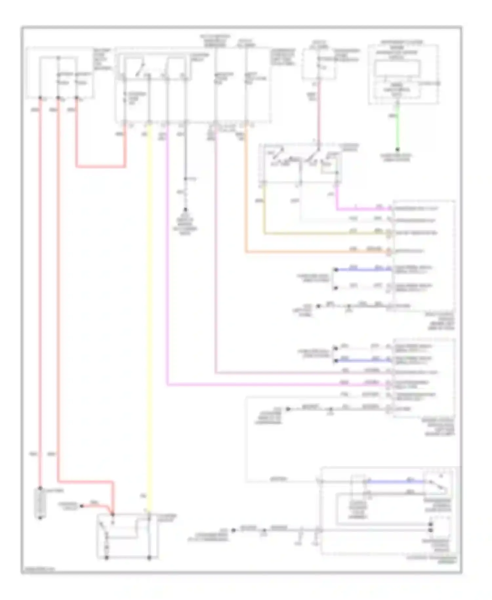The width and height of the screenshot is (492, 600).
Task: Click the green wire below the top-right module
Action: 397,128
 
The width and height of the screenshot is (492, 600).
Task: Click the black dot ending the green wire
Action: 397,149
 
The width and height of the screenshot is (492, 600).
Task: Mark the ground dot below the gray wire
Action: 185,209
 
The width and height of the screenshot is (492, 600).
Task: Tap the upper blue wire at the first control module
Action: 361,270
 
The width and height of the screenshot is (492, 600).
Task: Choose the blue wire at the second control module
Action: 361,361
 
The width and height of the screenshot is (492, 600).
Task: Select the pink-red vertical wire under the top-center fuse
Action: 318,112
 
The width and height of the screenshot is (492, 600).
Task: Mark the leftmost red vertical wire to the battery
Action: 40,295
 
